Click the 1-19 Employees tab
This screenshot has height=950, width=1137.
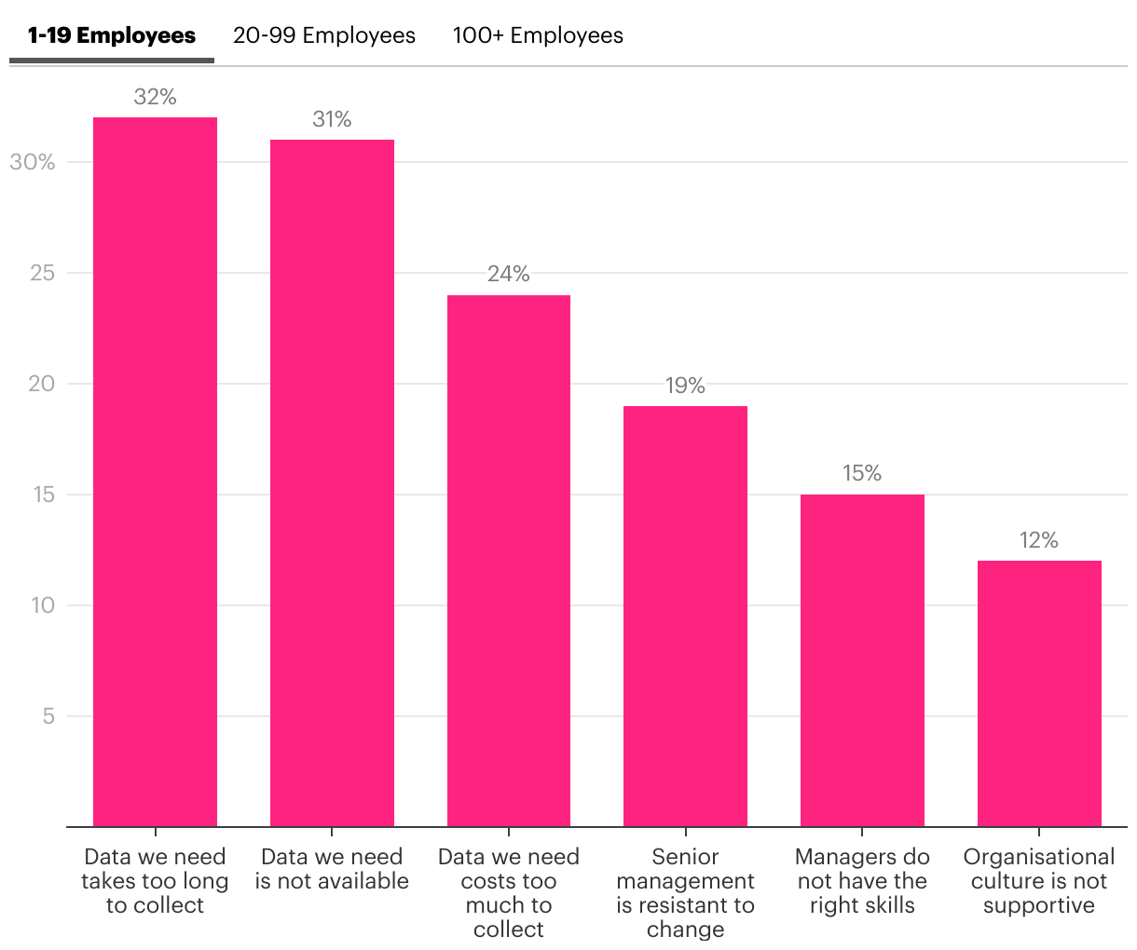click(112, 36)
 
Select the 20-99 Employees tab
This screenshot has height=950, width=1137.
click(324, 36)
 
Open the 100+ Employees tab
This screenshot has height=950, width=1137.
click(538, 36)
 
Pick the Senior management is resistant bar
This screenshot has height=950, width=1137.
click(685, 616)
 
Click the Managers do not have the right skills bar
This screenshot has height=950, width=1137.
click(862, 660)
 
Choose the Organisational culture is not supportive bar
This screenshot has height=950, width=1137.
click(1039, 693)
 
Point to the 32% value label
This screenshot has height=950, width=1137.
click(155, 97)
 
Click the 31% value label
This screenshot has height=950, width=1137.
click(332, 119)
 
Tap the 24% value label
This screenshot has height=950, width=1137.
click(509, 274)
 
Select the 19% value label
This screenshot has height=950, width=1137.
click(685, 386)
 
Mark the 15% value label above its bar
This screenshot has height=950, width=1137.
click(862, 473)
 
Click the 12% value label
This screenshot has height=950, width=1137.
click(1039, 540)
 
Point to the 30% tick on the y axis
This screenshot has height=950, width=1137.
click(33, 162)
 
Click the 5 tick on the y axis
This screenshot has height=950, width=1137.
click(48, 716)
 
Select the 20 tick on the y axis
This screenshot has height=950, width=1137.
click(42, 384)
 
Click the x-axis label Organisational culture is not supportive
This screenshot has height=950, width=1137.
click(1039, 881)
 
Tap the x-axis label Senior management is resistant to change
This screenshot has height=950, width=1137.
click(685, 892)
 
